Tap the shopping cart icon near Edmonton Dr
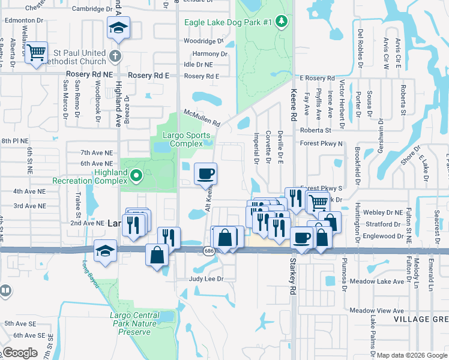(x=37, y=53)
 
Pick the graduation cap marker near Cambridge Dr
(x=118, y=28)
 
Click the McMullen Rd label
(x=202, y=118)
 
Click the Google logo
(x=20, y=353)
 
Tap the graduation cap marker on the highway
(x=106, y=251)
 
